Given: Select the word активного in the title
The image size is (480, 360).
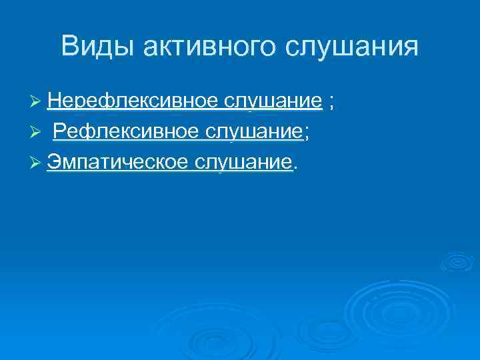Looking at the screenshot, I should click(x=207, y=47).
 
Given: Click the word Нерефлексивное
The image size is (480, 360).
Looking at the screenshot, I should click(x=133, y=101).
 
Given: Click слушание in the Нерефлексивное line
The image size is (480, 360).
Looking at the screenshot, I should click(x=273, y=101).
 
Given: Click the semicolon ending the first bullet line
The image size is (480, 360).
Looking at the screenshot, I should click(x=332, y=103).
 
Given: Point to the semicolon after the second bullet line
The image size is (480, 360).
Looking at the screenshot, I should click(x=307, y=134).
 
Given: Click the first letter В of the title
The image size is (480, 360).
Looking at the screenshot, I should click(x=69, y=47).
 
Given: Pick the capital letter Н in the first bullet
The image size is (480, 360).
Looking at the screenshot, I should click(x=54, y=101).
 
